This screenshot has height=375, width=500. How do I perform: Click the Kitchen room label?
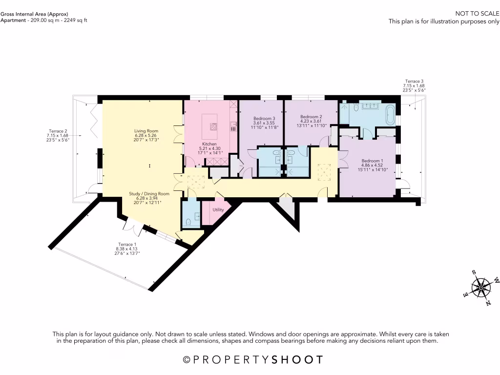[209, 144]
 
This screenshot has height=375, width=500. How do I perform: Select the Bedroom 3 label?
[264, 119]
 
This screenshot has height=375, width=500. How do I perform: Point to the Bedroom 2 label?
[311, 117]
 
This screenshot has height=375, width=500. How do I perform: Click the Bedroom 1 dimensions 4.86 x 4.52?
[372, 166]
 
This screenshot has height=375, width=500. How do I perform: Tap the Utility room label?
[218, 210]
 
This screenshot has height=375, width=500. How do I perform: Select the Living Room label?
[146, 131]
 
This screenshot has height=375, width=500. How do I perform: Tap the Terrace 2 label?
[58, 131]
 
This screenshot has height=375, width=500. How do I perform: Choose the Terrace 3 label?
[414, 81]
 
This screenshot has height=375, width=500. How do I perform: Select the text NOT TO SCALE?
[478, 14]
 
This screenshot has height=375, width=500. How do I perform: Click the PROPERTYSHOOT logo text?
[252, 360]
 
